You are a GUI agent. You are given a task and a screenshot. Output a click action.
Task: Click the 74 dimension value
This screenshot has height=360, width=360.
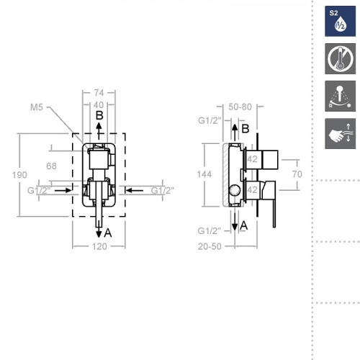[99, 93]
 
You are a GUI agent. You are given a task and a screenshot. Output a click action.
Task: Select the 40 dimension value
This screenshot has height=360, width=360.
[99, 104]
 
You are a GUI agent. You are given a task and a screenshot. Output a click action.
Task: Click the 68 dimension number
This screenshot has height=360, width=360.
[51, 166]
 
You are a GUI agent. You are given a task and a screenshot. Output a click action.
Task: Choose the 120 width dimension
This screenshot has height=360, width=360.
[99, 246]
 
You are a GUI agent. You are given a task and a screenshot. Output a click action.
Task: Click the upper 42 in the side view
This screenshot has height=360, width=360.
[253, 159]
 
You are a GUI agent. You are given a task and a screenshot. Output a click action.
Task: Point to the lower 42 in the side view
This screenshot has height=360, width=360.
[253, 190]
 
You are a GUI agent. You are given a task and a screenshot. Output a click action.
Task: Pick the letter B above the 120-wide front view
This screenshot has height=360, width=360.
[100, 115]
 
